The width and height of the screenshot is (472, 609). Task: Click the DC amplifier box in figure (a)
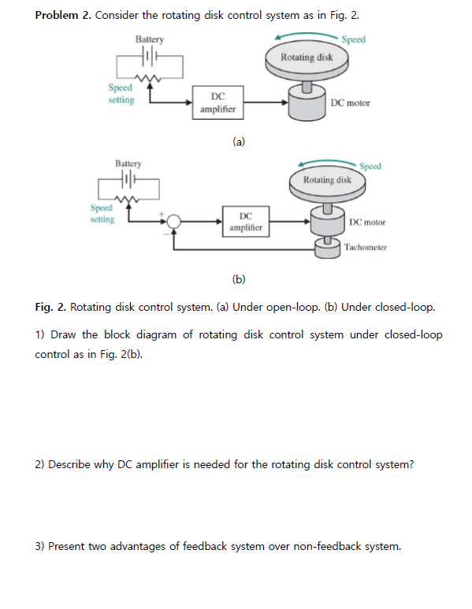tap(217, 102)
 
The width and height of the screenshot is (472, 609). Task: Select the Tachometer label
tap(365, 247)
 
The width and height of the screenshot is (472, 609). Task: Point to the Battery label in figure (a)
tap(149, 39)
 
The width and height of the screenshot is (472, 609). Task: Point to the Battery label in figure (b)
tap(128, 164)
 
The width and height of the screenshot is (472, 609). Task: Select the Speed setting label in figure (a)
tap(121, 94)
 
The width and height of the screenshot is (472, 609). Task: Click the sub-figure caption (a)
tap(239, 142)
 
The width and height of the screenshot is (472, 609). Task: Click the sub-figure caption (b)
tap(239, 279)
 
